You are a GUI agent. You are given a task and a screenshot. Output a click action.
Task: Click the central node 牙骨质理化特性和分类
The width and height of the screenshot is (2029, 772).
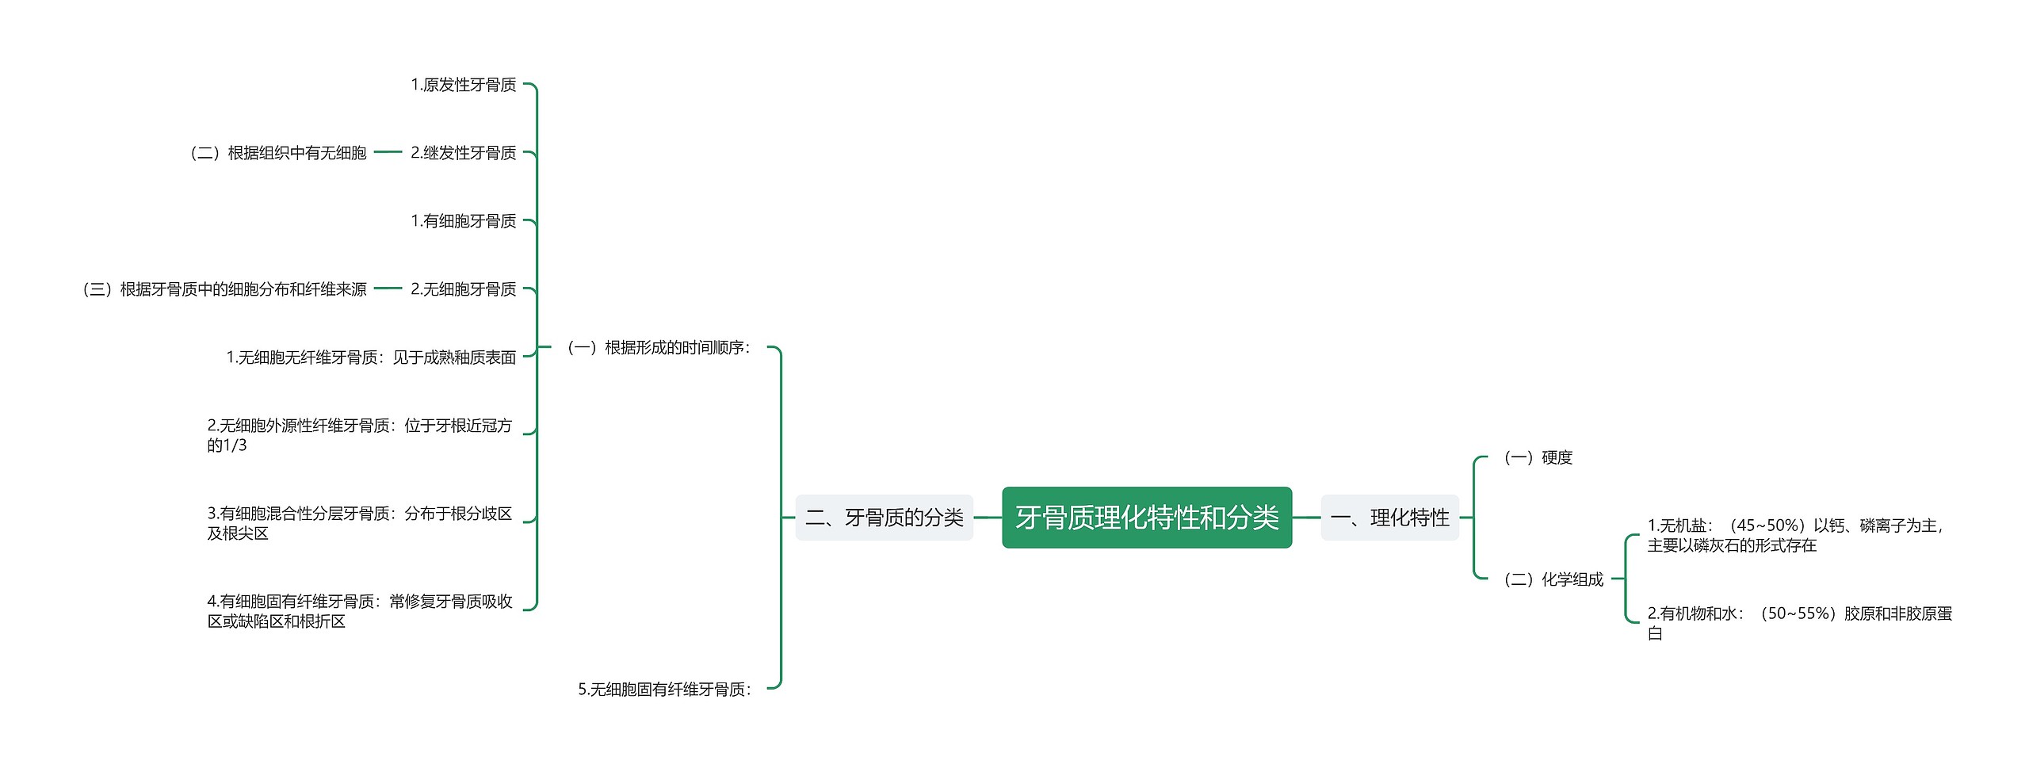point(1147,518)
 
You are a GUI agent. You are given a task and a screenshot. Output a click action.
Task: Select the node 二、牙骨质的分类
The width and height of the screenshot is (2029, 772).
point(885,518)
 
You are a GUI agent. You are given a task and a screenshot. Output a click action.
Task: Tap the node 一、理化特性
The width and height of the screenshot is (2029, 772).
point(1389,518)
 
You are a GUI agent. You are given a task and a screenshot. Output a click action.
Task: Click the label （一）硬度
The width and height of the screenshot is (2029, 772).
point(1537,457)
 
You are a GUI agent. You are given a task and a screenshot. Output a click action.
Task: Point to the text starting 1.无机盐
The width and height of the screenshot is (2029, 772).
point(1796,535)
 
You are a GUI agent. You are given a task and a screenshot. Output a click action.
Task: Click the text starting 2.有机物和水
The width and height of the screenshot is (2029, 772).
point(1799,623)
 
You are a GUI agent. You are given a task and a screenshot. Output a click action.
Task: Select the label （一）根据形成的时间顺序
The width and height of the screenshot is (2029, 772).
point(658,347)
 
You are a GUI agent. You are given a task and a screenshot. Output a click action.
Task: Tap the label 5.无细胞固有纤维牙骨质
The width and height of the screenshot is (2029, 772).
point(665,690)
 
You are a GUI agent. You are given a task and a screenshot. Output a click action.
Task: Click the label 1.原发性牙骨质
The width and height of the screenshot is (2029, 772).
point(464,85)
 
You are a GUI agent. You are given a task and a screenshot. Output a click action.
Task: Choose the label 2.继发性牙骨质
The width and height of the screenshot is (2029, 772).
point(464,153)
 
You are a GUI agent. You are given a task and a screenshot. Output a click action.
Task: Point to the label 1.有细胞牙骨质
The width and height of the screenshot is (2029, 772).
point(464,221)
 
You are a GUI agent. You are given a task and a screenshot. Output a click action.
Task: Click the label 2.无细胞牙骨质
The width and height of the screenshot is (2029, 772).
point(464,289)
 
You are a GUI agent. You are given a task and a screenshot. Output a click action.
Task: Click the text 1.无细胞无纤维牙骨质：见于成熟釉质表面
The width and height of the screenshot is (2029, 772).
point(371,357)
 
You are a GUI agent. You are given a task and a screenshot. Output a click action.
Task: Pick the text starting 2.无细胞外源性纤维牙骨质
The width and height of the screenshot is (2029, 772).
point(360,435)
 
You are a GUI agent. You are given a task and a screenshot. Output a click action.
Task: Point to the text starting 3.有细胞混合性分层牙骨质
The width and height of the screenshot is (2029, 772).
point(360,523)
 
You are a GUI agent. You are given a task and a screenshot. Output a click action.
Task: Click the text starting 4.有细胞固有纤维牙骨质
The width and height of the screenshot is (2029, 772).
point(360,611)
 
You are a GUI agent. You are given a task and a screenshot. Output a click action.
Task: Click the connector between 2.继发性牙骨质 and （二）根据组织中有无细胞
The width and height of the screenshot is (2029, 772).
point(388,152)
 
